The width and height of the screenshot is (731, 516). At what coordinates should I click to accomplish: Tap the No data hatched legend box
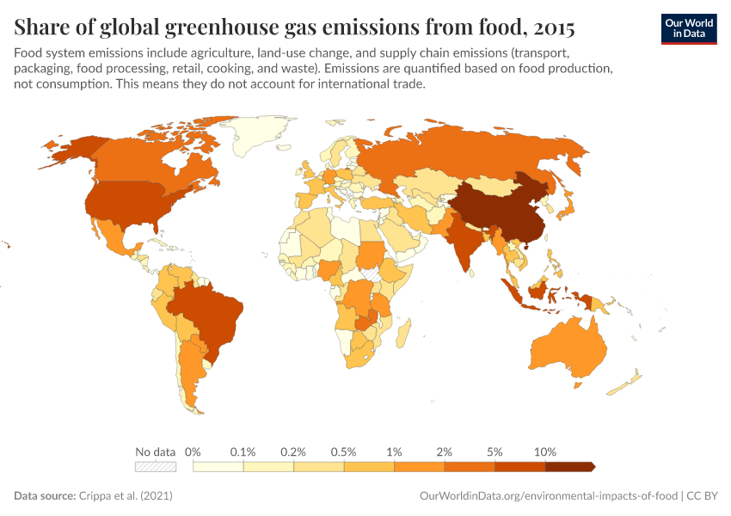coord(155,467)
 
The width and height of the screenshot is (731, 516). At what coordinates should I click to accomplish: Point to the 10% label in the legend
coord(545,451)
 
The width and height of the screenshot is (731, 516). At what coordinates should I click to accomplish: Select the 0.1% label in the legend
coord(243,451)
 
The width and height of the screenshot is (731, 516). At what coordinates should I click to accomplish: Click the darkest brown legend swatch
coord(568,467)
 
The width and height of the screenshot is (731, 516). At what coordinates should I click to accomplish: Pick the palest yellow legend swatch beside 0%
coord(218,467)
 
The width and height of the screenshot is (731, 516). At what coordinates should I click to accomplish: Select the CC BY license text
coord(703,496)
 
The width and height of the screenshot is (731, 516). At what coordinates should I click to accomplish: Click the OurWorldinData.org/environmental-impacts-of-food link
coord(548,496)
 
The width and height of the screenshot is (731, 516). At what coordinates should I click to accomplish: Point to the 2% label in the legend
coord(445,451)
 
